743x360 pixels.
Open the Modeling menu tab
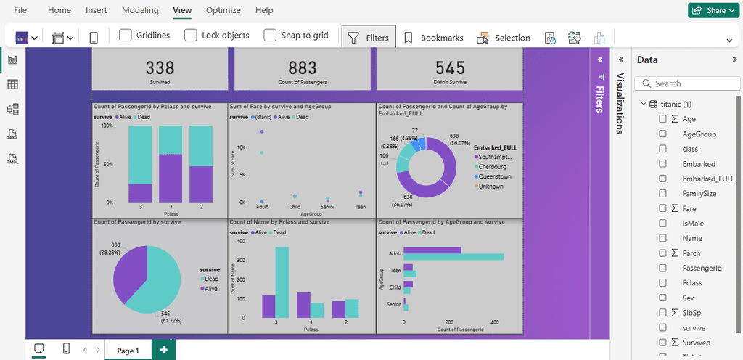140,10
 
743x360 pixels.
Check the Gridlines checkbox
126,35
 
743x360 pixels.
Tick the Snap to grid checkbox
270,35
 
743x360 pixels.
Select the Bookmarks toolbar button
433,38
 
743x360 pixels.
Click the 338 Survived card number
160,67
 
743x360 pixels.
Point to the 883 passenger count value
303,67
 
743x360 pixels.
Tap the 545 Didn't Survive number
450,67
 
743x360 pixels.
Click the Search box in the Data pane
686,83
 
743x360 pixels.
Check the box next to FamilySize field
662,194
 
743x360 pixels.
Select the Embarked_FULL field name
708,179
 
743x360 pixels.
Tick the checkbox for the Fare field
662,209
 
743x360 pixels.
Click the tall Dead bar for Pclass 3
282,282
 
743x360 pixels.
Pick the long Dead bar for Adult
453,257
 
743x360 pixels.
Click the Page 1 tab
128,351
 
